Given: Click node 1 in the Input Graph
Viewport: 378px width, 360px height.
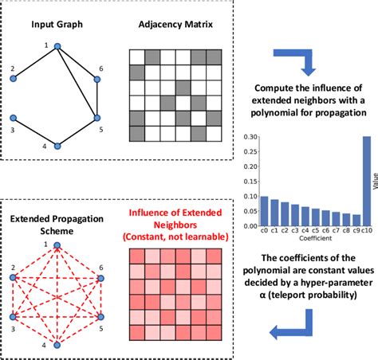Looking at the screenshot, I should pyautogui.click(x=57, y=47).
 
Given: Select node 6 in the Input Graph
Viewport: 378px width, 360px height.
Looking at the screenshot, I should pyautogui.click(x=96, y=79).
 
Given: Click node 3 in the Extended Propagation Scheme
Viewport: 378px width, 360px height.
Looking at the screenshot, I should pyautogui.click(x=14, y=315).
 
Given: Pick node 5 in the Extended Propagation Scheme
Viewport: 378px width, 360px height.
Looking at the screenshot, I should pyautogui.click(x=100, y=315).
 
